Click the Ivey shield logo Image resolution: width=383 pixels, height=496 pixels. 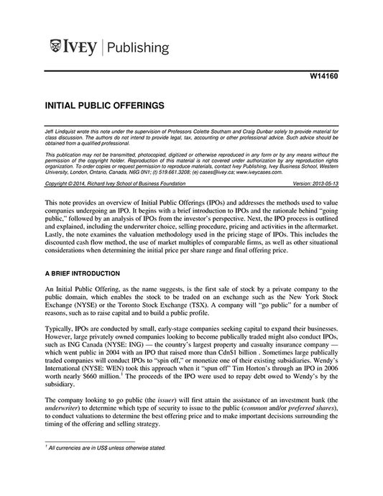tap(57, 48)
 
